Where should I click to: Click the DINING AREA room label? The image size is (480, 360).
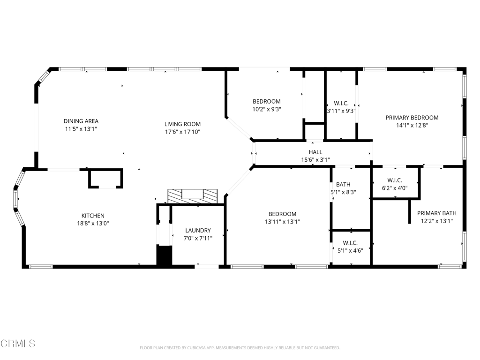coord(81,121)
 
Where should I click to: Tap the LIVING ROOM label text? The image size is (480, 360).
coord(182,124)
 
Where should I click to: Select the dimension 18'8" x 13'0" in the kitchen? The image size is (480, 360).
coord(93,224)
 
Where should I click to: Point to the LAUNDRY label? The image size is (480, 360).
coord(198,231)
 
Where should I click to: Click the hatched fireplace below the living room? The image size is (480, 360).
coord(193,196)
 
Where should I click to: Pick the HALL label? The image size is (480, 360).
coord(315,152)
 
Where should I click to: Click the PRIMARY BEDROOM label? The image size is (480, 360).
coord(412,118)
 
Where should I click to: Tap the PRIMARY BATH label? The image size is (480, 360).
coord(436,213)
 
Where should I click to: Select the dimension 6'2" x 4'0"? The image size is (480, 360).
coord(395,188)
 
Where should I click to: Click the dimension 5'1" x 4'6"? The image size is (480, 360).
coord(350,251)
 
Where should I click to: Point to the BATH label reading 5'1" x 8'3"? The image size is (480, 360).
coord(343,185)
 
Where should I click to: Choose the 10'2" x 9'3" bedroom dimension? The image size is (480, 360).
coord(266,109)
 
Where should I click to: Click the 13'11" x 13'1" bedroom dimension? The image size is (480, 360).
coord(282,222)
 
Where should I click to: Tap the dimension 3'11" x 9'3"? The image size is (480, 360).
coord(341,111)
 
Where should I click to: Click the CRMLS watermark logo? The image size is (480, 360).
coord(18,344)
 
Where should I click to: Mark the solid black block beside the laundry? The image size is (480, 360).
coord(165,255)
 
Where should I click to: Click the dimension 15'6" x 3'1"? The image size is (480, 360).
coord(315,160)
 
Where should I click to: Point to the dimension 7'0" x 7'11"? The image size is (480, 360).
coord(198,238)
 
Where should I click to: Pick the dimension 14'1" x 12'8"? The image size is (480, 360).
coord(412,125)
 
